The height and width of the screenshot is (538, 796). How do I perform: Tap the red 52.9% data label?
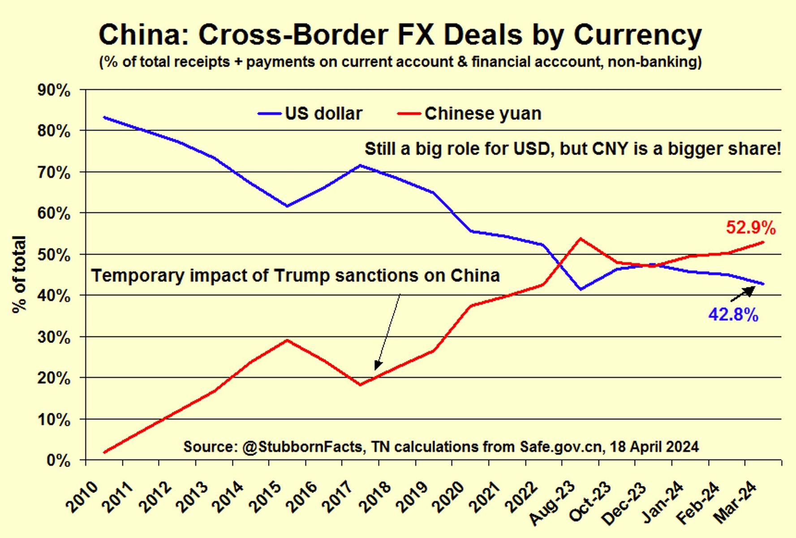(x=750, y=228)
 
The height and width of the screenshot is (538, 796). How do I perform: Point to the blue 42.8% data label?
(x=733, y=315)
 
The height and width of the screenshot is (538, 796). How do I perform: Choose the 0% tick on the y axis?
(x=58, y=460)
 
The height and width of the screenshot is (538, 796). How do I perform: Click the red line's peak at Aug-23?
(x=581, y=239)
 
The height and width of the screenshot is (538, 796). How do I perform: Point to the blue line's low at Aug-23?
(x=581, y=289)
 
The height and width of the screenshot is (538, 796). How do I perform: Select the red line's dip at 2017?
(x=360, y=385)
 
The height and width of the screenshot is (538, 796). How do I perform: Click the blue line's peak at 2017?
(x=360, y=165)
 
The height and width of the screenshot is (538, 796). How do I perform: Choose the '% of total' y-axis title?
(x=19, y=274)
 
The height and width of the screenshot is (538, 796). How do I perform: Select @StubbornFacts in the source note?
(x=302, y=447)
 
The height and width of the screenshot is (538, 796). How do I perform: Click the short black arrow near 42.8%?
(x=742, y=294)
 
